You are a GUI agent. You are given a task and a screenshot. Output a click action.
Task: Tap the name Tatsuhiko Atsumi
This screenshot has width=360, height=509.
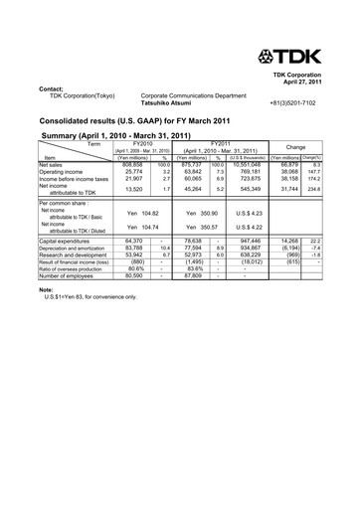click(x=170, y=103)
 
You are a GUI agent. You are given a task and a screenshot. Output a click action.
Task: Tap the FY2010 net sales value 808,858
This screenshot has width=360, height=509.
click(x=130, y=164)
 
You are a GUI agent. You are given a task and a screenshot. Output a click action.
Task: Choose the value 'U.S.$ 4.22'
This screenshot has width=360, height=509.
click(x=249, y=227)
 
